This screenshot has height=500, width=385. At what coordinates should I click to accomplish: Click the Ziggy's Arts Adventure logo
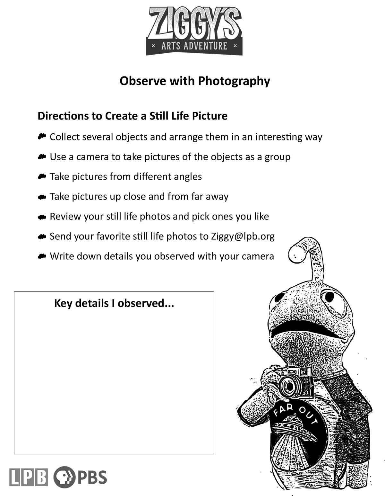194,31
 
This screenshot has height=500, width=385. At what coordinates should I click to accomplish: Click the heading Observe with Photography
195,81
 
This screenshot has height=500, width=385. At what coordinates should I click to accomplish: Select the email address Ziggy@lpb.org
243,237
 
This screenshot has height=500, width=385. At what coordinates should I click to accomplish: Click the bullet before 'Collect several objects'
42,137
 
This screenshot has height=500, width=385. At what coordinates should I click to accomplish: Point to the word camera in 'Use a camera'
92,157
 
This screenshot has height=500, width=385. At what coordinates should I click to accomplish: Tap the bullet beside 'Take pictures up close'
42,197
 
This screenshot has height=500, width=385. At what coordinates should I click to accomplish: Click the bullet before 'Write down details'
42,256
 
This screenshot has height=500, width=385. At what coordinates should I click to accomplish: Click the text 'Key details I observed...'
114,303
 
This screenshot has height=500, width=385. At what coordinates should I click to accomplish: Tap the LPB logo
29,477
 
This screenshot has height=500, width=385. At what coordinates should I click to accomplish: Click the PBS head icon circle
64,477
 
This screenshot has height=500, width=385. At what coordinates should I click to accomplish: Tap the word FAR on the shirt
283,410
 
